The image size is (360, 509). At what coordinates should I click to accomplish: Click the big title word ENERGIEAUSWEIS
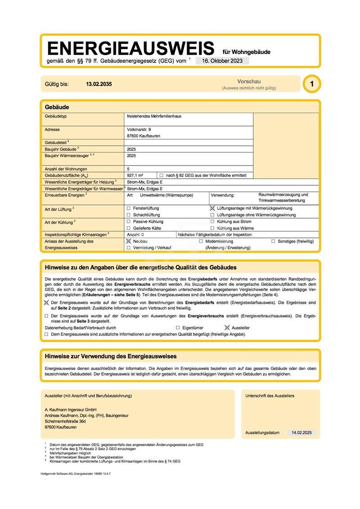coord(130,48)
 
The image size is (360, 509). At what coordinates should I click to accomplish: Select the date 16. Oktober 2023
coord(222,60)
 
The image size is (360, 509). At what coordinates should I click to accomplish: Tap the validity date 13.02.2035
coord(99,84)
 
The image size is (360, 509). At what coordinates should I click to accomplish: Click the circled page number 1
coord(312,84)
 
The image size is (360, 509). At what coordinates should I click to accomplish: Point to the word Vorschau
coord(249,81)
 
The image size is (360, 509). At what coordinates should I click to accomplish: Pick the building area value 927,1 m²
coord(135,175)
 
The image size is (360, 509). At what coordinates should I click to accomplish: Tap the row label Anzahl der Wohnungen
coord(67,168)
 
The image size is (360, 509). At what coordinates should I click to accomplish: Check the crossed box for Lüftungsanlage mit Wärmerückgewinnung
coord(212,208)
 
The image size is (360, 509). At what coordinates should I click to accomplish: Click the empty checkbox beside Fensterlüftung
coord(129,208)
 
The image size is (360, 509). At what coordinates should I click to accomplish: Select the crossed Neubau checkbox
coord(129,241)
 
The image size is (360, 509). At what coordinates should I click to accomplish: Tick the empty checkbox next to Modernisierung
coord(201,241)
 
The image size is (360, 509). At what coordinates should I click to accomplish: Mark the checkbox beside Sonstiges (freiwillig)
coord(273,241)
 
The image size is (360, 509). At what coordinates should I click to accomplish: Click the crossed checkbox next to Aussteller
coord(227,328)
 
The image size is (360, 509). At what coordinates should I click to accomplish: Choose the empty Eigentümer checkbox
coord(178,328)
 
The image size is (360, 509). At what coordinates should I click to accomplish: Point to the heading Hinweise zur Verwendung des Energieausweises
coord(111,356)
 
